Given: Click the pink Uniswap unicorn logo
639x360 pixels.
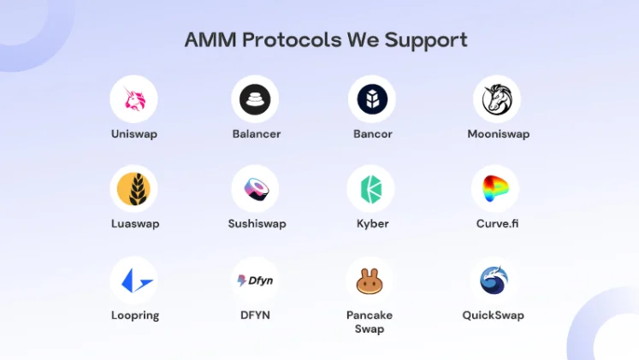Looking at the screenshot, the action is [x=134, y=99].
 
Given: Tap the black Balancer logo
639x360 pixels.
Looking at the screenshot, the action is [x=255, y=99].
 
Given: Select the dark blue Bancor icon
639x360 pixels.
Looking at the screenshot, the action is [x=372, y=99].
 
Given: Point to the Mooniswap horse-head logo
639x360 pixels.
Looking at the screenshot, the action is [x=497, y=98].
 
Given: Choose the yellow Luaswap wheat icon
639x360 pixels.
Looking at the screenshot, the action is [x=133, y=189].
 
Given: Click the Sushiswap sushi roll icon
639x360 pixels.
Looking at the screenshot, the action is [x=256, y=189].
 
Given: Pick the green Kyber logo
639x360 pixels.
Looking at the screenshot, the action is [x=371, y=189].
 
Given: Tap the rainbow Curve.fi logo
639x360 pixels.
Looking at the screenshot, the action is [x=494, y=189].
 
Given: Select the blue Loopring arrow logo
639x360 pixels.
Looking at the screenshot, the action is [x=137, y=280].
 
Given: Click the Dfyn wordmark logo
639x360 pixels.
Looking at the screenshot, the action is [x=255, y=280].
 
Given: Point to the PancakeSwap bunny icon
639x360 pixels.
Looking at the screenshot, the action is [x=370, y=281].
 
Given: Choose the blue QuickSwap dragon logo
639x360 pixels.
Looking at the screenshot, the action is [x=494, y=280].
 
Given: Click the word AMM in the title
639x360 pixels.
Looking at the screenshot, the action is [x=210, y=40].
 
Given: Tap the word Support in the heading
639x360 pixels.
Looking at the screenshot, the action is [x=426, y=41].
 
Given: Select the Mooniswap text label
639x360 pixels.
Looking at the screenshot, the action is [x=499, y=134].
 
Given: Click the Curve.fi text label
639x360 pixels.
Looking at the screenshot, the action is [x=497, y=223].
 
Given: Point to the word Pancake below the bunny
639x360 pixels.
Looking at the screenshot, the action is [x=370, y=316].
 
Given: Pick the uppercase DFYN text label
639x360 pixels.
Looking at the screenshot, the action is [x=255, y=316].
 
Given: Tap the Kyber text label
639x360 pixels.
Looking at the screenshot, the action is [x=372, y=224].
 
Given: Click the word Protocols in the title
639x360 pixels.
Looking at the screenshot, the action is [x=292, y=40].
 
